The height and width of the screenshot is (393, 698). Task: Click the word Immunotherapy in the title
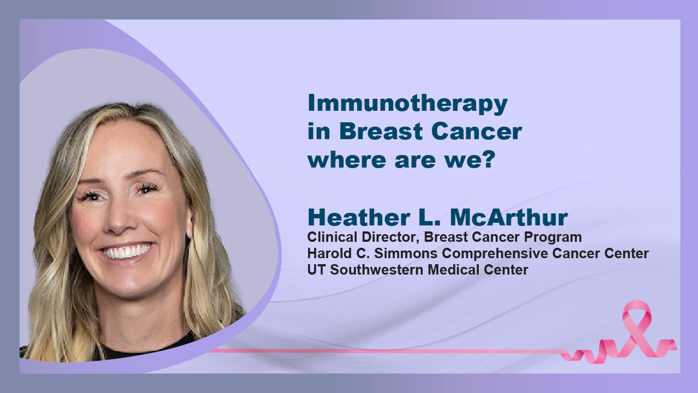[407, 104]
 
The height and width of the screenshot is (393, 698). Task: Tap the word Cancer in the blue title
[477, 132]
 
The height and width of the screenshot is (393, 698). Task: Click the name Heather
[359, 217]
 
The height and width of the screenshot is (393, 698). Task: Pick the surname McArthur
[509, 217]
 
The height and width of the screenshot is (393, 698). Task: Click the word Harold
[330, 253]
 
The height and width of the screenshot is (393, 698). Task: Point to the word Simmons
[406, 253]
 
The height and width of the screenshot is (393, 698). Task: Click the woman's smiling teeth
[126, 252]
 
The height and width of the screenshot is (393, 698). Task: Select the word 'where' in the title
[347, 159]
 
